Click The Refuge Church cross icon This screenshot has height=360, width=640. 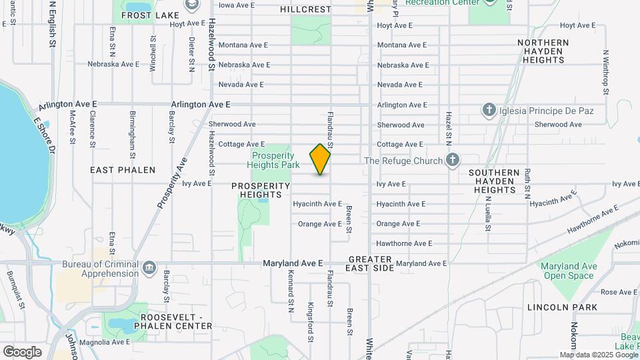click(x=453, y=160)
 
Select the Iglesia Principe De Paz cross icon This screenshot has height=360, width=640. click(x=489, y=109)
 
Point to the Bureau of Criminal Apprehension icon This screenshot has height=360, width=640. click(x=148, y=268)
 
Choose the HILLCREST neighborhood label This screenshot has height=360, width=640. click(x=305, y=9)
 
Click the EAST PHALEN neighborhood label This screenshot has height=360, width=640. click(x=123, y=170)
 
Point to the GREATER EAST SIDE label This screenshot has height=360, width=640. click(x=370, y=263)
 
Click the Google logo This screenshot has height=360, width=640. click(x=22, y=351)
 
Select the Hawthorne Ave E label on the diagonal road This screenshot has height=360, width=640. click(x=593, y=221)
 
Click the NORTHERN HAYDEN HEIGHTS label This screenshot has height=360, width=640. click(x=544, y=51)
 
